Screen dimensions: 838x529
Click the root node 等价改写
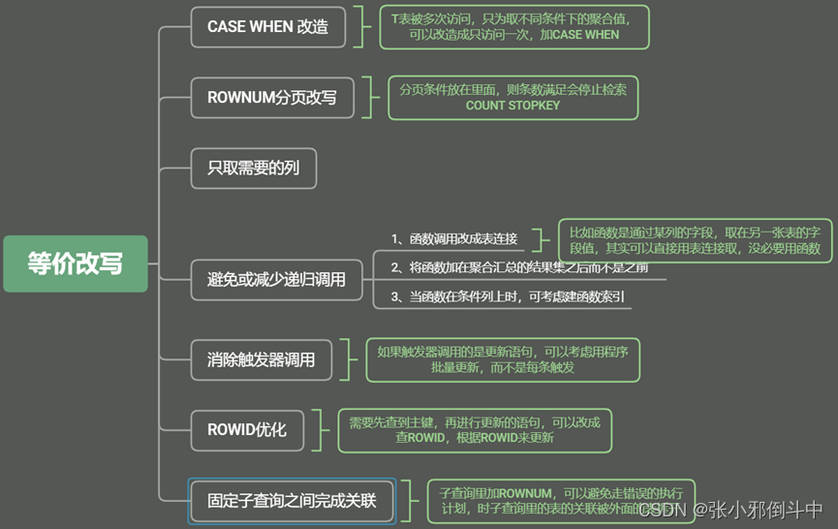(x=76, y=264)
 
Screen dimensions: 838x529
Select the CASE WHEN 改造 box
(x=267, y=27)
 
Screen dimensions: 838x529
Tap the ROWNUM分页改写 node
(x=267, y=98)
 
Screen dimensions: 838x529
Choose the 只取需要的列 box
(x=253, y=168)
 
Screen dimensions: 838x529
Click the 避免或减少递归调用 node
(x=276, y=280)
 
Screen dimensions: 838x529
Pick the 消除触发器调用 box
(x=261, y=359)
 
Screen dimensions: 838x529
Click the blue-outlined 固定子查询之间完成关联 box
(x=292, y=502)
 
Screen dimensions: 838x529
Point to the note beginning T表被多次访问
(x=513, y=26)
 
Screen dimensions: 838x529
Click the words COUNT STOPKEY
(x=512, y=106)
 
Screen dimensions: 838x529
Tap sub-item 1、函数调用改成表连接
(x=454, y=238)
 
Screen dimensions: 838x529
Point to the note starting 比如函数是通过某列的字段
(x=695, y=240)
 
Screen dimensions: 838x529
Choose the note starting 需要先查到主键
(x=475, y=429)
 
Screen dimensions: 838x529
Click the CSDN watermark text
(x=727, y=510)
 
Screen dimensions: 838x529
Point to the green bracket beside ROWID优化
(x=320, y=429)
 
